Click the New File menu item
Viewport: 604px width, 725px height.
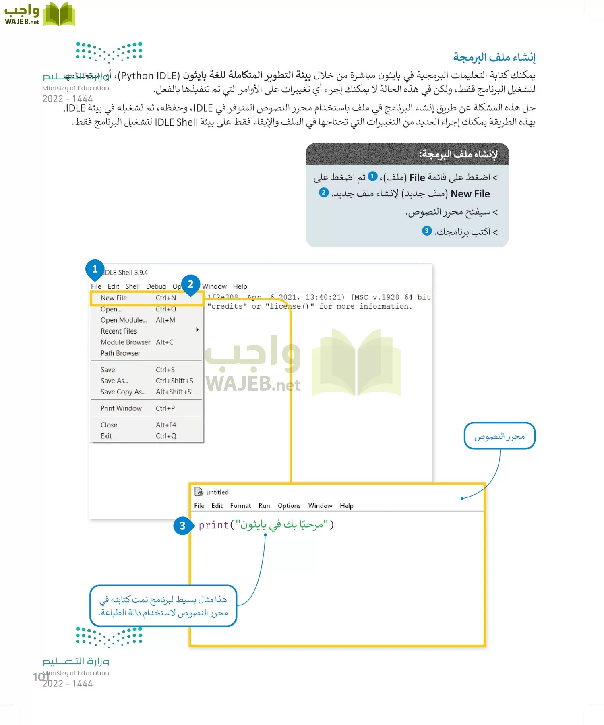(114, 298)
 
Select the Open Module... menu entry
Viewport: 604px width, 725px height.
(124, 320)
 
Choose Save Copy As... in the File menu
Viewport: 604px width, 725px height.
(123, 392)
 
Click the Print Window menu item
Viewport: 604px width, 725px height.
(121, 408)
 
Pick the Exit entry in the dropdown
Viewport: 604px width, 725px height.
(106, 436)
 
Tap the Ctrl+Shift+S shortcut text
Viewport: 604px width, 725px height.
(174, 381)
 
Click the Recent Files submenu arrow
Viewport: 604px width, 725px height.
(197, 330)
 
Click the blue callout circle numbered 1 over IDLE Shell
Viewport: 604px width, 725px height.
(95, 269)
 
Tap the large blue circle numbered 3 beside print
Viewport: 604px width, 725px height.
(182, 526)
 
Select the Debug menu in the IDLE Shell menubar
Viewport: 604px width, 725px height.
(156, 287)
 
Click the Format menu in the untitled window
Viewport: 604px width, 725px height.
(240, 506)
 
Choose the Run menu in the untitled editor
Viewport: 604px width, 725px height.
(264, 506)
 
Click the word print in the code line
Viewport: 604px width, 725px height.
(213, 525)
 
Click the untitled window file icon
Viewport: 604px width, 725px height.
(199, 492)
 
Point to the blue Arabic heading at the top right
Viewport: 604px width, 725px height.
(494, 58)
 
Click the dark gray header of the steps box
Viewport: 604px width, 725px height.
(407, 154)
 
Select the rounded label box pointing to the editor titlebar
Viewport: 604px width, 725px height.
(499, 436)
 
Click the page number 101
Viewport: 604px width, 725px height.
(41, 677)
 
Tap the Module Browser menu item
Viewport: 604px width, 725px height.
(125, 342)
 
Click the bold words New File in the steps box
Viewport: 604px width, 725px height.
(470, 194)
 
